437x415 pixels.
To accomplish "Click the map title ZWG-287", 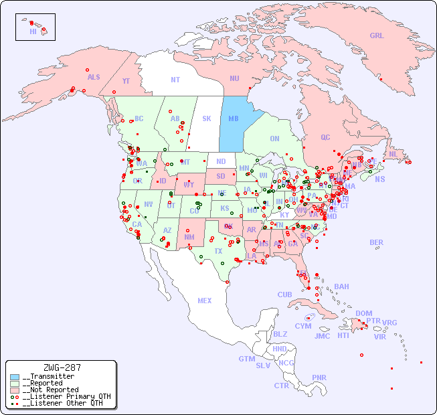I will point(62,367).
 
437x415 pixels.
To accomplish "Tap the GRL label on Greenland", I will point(377,36).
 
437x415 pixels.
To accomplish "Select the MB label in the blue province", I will point(234,118).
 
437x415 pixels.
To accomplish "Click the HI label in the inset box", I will point(33,31).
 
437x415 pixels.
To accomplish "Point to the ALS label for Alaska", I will point(94,77).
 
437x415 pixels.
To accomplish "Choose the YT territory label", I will point(126,81).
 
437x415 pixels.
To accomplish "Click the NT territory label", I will point(175,80).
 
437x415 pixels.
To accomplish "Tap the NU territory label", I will point(234,78).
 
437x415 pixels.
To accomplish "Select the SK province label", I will point(206,118).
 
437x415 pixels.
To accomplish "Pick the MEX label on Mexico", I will point(204,301).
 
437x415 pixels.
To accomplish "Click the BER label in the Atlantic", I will point(377,242).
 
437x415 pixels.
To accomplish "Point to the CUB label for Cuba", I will point(284,295).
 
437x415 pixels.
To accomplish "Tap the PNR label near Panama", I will point(319,378).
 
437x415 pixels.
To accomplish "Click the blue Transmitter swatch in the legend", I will point(15,377).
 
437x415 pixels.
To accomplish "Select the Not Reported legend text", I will point(50,390).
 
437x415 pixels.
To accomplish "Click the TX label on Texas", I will point(218,251).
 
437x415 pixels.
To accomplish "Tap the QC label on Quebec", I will point(325,137).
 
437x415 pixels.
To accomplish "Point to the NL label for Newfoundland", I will point(393,153).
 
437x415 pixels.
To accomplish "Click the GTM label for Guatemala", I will point(246,359).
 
